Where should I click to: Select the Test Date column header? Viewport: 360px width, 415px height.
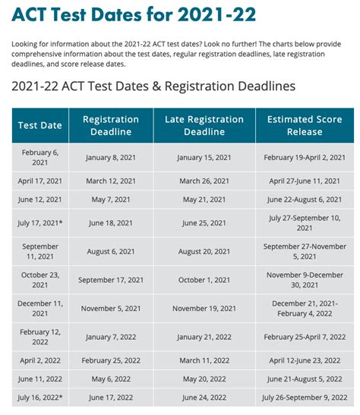click(x=39, y=125)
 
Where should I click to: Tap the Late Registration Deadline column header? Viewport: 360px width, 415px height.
click(x=204, y=125)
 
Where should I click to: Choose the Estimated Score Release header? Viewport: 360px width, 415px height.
click(x=304, y=125)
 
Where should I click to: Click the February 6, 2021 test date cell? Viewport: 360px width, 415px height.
click(x=39, y=157)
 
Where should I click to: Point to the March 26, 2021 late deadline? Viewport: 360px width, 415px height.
click(x=204, y=181)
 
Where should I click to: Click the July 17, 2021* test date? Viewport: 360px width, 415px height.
click(x=39, y=223)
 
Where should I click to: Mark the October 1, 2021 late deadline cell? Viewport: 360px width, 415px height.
click(x=204, y=279)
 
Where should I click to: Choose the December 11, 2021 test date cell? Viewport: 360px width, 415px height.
click(x=39, y=308)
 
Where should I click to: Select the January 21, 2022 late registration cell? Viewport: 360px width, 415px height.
click(x=204, y=336)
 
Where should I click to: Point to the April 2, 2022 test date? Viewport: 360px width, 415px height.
click(x=39, y=360)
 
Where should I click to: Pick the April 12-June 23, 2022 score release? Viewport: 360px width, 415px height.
click(x=304, y=360)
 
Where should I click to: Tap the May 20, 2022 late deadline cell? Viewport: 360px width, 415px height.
click(x=204, y=379)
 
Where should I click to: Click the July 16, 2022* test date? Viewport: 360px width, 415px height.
click(x=39, y=397)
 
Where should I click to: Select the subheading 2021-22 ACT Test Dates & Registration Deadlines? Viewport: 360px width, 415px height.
click(x=153, y=86)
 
